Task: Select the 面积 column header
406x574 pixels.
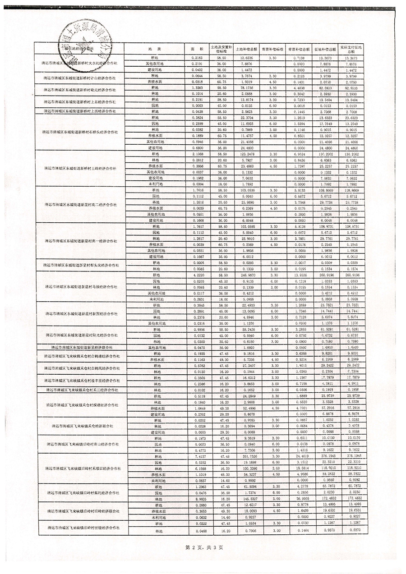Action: tap(198, 48)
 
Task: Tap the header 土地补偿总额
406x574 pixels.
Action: tap(246, 48)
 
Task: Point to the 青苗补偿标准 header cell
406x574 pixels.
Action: tap(272, 48)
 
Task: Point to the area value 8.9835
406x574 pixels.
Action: tap(198, 499)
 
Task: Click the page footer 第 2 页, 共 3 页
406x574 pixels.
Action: tap(204, 547)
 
